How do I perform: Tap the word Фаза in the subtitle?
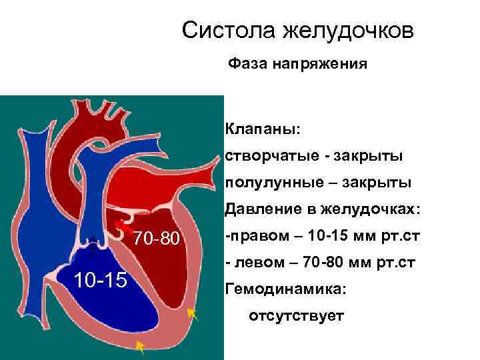[x=247, y=65]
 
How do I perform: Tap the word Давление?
[x=259, y=210]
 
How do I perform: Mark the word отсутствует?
[x=296, y=315]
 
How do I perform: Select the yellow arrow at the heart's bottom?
[x=140, y=345]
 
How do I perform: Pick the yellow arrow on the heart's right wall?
[x=193, y=313]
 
